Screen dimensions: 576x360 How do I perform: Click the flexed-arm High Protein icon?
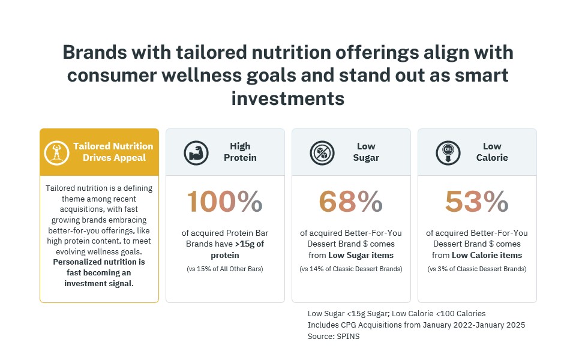click(x=196, y=153)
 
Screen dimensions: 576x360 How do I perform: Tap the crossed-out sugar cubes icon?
click(x=322, y=153)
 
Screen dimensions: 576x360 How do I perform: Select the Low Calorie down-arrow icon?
click(x=448, y=153)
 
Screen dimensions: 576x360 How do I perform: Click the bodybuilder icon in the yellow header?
click(x=56, y=153)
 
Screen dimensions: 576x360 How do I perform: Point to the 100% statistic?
click(x=225, y=202)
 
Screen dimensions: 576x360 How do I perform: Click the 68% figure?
click(x=351, y=202)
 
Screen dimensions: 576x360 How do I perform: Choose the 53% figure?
click(x=477, y=202)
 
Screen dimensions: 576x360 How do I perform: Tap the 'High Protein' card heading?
click(x=240, y=152)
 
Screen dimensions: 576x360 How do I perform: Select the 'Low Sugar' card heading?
click(x=366, y=152)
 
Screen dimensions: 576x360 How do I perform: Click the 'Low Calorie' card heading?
click(x=492, y=152)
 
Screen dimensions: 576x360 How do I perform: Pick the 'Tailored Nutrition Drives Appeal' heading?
click(x=113, y=152)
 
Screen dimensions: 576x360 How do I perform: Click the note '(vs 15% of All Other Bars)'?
click(x=225, y=269)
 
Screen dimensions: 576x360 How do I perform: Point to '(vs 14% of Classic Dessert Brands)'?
click(x=351, y=269)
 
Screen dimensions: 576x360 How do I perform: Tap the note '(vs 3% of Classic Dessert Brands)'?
click(x=477, y=269)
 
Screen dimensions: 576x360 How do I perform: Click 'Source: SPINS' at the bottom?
click(x=334, y=337)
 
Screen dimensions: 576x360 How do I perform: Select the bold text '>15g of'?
click(x=250, y=244)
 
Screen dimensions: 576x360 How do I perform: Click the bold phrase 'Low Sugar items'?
click(x=361, y=256)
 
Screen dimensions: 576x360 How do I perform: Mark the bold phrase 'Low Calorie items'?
click(x=487, y=256)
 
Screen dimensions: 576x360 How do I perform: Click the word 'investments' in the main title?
click(x=288, y=98)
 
